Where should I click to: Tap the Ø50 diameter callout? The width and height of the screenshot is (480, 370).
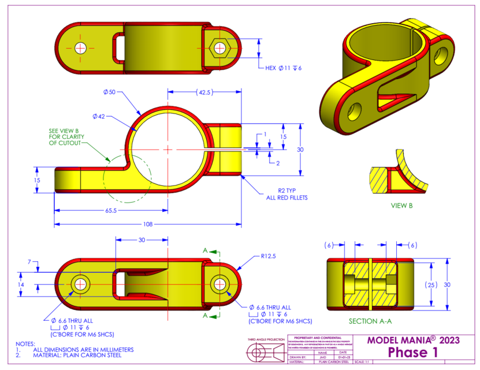pyautogui.click(x=110, y=92)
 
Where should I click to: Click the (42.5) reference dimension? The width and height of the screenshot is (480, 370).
pyautogui.click(x=203, y=92)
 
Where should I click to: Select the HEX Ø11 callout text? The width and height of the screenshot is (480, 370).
pyautogui.click(x=284, y=68)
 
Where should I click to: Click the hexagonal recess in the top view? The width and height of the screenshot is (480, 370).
pyautogui.click(x=220, y=47)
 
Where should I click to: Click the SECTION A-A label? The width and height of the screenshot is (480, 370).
pyautogui.click(x=370, y=321)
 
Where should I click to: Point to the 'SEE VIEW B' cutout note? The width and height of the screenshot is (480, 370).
pyautogui.click(x=67, y=136)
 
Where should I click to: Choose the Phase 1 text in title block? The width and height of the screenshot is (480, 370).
pyautogui.click(x=413, y=352)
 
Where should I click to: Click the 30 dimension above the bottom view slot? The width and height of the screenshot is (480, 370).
pyautogui.click(x=142, y=240)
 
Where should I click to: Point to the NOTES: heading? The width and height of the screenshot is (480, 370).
pyautogui.click(x=25, y=343)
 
